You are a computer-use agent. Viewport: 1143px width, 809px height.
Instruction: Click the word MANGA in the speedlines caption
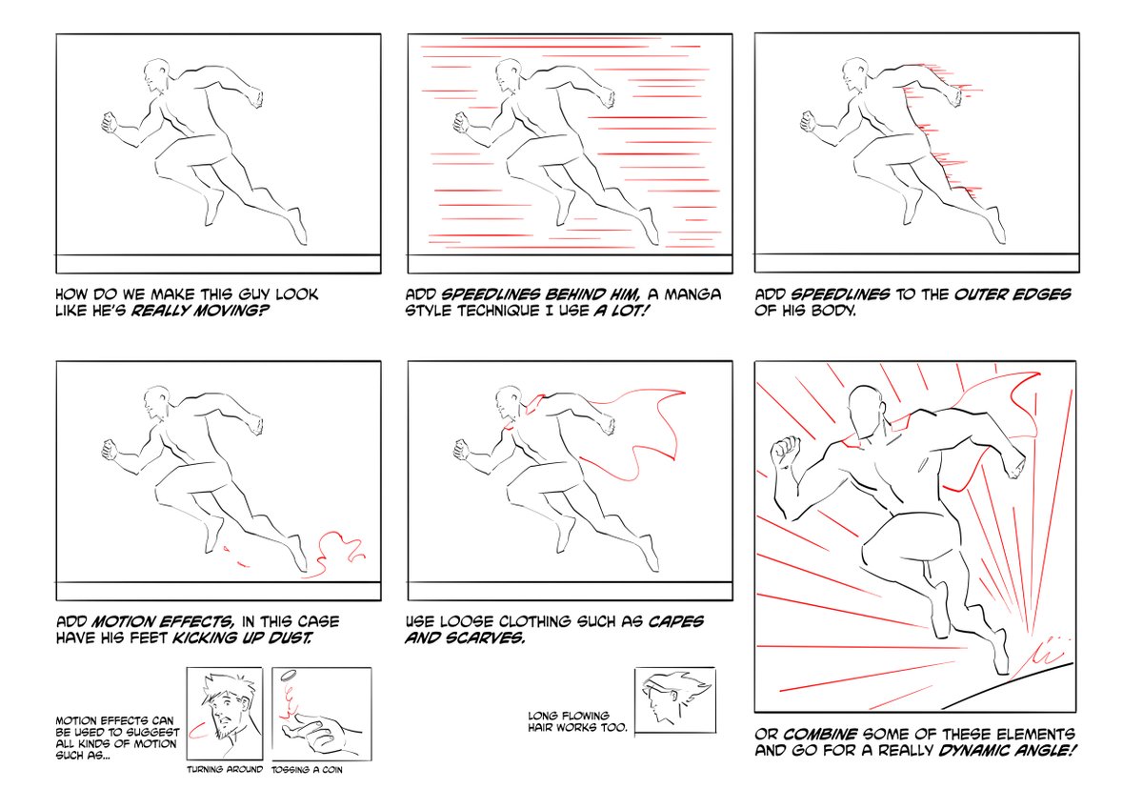(692, 293)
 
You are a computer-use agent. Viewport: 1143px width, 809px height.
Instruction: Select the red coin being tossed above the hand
(290, 678)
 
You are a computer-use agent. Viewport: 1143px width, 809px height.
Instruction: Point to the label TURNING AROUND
(224, 769)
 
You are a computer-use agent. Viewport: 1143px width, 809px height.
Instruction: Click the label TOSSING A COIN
(307, 769)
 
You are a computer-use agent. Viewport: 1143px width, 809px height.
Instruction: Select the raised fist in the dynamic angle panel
(788, 449)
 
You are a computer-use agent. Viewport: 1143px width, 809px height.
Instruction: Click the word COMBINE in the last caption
(823, 734)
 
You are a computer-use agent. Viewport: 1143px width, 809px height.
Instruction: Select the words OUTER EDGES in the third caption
(1014, 293)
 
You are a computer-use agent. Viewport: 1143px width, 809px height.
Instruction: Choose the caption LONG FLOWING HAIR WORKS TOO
(577, 719)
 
